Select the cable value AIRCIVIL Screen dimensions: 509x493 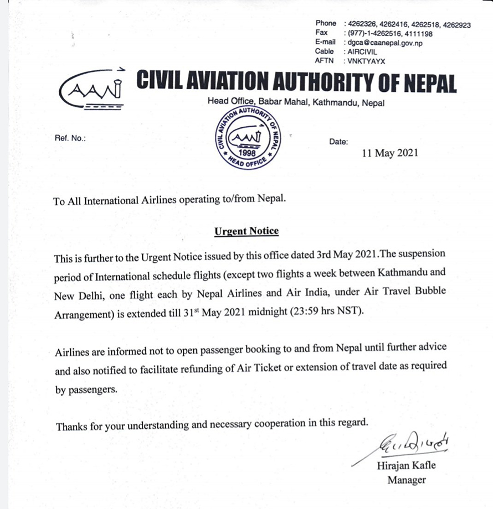(362, 51)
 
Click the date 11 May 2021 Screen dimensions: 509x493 (390, 153)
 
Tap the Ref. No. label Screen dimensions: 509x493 (70, 138)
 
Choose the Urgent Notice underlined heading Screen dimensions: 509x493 (247, 231)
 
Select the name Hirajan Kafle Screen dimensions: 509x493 (406, 465)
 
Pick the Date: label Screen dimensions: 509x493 (339, 142)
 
